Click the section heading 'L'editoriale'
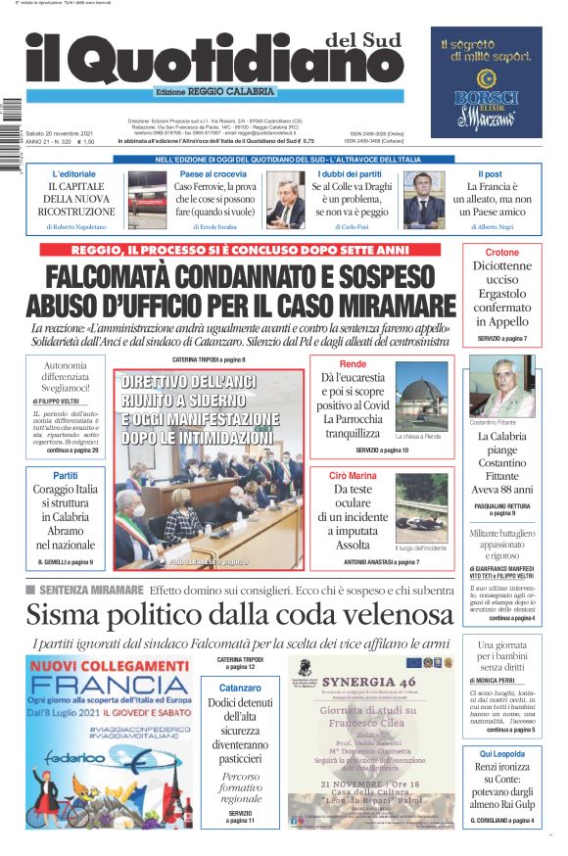pyautogui.click(x=74, y=173)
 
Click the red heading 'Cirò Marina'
pyautogui.click(x=353, y=474)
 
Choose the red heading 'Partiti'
pyautogui.click(x=66, y=475)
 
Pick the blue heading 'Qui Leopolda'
pyautogui.click(x=502, y=753)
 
